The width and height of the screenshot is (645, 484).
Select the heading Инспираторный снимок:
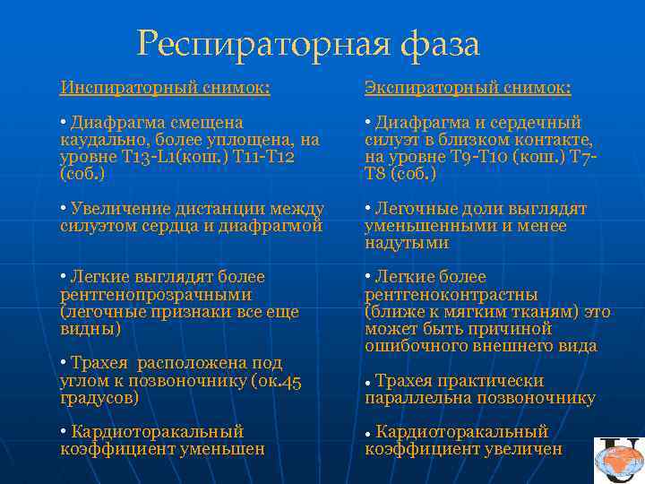click(165, 88)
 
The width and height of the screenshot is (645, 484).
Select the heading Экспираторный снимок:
click(469, 88)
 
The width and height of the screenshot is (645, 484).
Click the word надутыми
click(407, 243)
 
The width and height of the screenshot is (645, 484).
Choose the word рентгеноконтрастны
click(451, 295)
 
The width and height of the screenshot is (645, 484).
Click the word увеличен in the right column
click(523, 449)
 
